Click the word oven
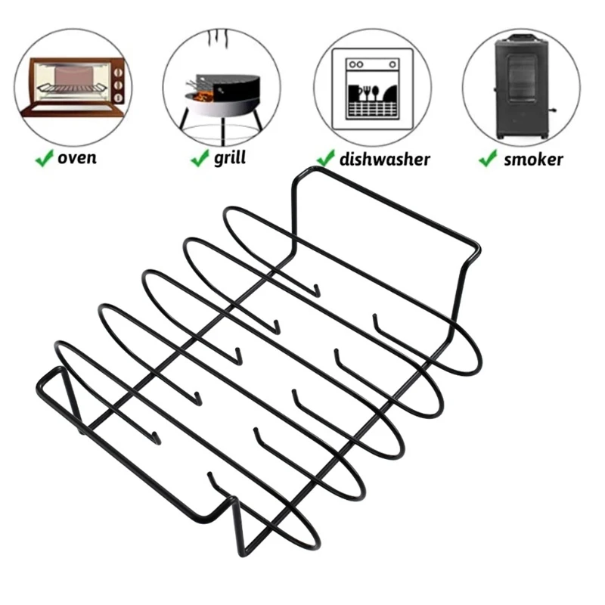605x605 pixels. tap(77, 159)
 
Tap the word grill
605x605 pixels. tap(229, 159)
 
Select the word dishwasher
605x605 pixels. tap(384, 159)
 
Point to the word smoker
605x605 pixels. tap(533, 160)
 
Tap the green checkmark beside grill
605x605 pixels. tap(200, 158)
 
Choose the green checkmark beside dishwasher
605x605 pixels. tap(326, 158)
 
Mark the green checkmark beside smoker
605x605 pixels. tap(487, 159)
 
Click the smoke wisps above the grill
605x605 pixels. tap(222, 38)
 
